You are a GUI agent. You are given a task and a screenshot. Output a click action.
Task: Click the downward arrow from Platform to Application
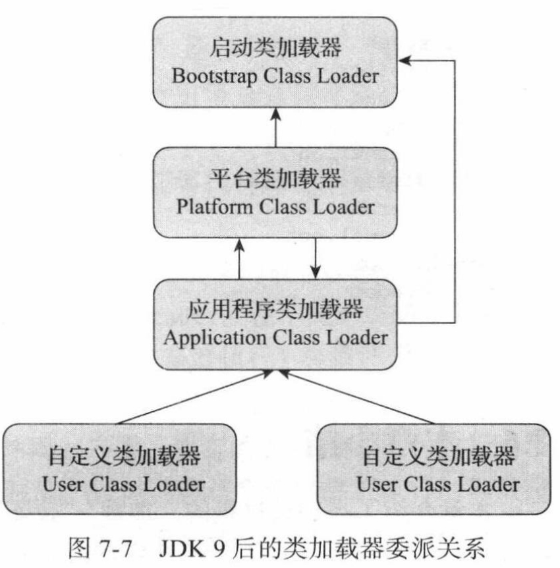tap(316, 257)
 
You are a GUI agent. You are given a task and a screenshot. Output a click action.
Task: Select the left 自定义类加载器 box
tap(119, 468)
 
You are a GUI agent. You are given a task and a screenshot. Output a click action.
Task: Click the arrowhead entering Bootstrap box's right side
tap(405, 60)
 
